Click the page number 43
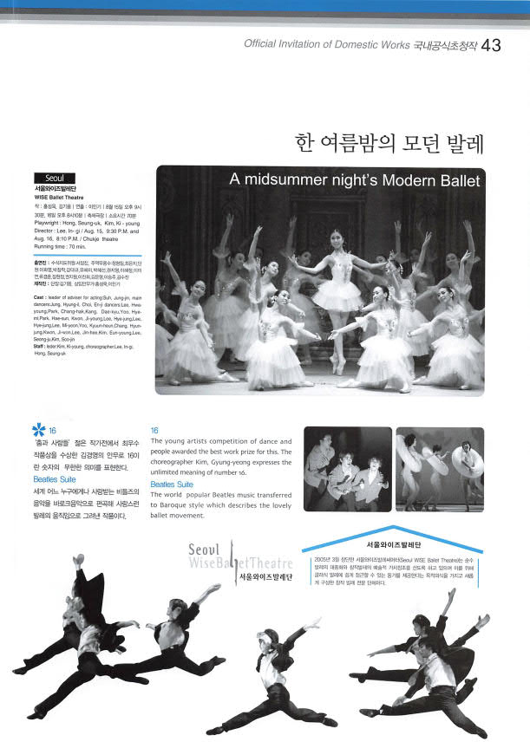[490, 45]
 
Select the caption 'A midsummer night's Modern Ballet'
[354, 180]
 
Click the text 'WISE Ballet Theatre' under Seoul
[60, 198]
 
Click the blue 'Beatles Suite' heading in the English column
[172, 484]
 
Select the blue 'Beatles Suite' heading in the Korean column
[55, 478]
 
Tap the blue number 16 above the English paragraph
[154, 430]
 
